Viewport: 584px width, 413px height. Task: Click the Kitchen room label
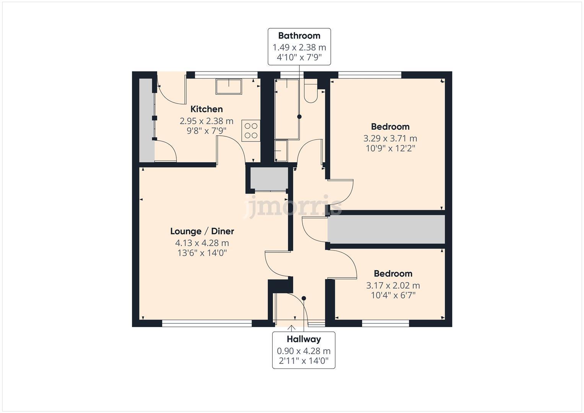[x=207, y=109]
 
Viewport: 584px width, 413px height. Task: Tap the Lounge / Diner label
[x=202, y=231]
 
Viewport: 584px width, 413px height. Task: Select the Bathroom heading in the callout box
[x=299, y=36]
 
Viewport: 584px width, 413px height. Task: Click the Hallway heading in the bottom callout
[x=304, y=339]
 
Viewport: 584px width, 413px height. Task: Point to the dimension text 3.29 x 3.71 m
[x=390, y=138]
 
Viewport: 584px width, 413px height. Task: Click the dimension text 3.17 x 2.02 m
[x=393, y=285]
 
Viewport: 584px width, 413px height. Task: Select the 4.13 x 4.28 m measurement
[x=202, y=243]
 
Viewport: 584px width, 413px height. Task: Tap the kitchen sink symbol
[x=229, y=86]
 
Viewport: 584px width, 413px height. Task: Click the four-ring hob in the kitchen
[x=251, y=130]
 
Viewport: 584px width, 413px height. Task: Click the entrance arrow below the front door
[x=291, y=328]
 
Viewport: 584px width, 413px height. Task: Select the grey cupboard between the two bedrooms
[x=386, y=229]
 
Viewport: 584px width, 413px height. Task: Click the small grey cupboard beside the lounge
[x=269, y=178]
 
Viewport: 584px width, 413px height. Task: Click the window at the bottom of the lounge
[x=207, y=324]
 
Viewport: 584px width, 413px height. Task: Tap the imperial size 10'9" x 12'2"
[x=390, y=148]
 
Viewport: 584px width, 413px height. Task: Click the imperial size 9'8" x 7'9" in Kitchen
[x=207, y=131]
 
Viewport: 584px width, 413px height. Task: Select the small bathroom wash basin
[x=281, y=151]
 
